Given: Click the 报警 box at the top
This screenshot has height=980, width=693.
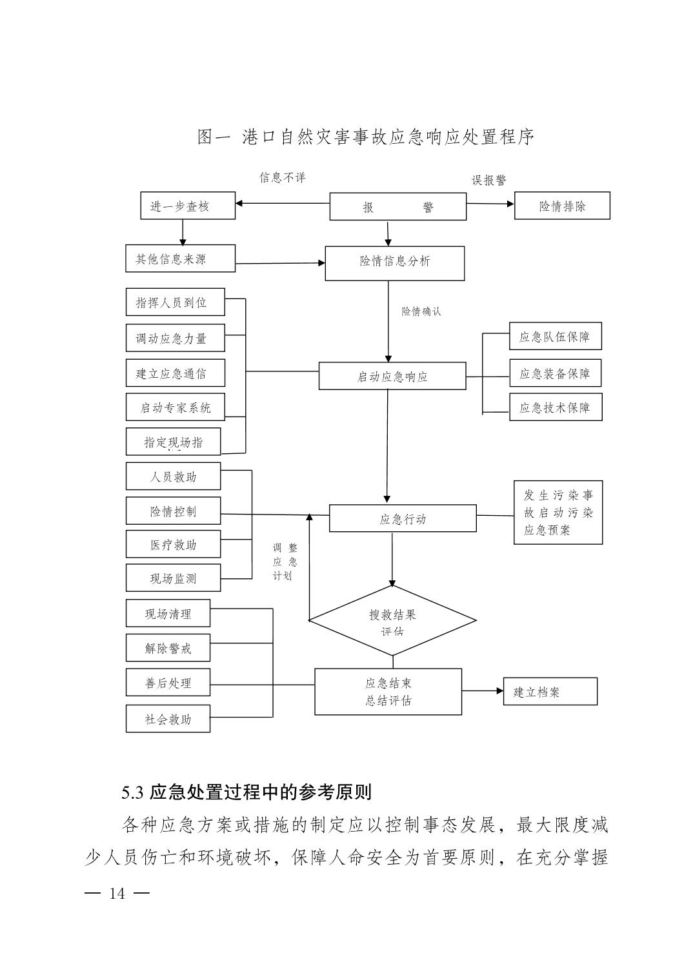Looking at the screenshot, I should coord(397,207).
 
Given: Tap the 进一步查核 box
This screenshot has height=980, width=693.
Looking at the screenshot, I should coord(187,206).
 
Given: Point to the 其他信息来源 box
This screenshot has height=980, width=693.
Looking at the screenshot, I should coord(180,259).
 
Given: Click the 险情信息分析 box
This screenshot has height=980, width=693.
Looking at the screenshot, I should coord(394,263).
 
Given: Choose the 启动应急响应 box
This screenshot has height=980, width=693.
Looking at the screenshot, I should coord(392,377).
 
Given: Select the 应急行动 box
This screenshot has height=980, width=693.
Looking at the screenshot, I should coord(403,518).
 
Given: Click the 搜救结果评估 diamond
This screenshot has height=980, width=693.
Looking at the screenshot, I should coord(392,622).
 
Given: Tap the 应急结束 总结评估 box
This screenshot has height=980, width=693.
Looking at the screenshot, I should coord(388,692).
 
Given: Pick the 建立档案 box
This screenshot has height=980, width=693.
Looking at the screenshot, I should coord(550,692).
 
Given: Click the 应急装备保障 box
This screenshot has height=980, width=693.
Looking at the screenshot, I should coord(555,373).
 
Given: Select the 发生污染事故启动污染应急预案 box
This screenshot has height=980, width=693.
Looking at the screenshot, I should coord(557,513).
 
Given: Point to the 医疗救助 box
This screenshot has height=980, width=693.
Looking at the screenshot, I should coord(173,545).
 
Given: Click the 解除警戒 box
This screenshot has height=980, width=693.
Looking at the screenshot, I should coord(168,648).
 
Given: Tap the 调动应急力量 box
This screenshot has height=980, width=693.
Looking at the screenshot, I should coord(175,338).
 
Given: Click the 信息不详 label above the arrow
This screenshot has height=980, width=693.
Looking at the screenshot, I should coord(282,177).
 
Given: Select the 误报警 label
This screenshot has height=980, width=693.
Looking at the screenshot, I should coord(488,181).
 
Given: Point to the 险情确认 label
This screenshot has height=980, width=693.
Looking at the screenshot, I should coord(421,311).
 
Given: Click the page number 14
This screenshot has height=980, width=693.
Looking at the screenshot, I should coord(117,894).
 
